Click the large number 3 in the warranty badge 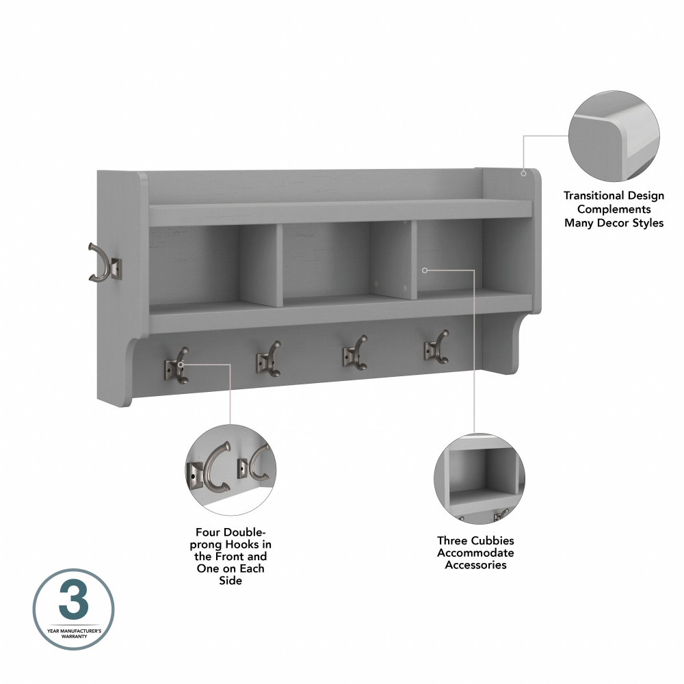coord(73,602)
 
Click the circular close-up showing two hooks coord(231,470)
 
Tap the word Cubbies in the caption coord(490,540)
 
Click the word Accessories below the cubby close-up coord(475,565)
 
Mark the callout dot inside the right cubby coord(424,271)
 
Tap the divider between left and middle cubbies coord(272,266)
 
